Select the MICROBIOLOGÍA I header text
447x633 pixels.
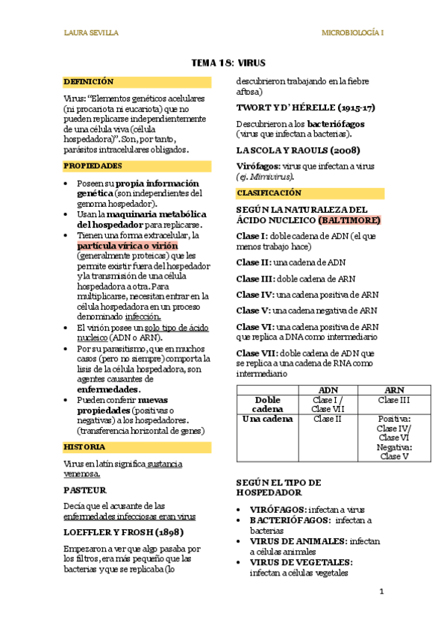(x=352, y=33)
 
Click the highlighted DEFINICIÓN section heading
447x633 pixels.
(x=89, y=81)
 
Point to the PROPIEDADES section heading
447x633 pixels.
(x=93, y=166)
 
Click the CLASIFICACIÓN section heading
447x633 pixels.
(x=268, y=193)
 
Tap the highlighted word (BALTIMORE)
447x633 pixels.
(x=349, y=221)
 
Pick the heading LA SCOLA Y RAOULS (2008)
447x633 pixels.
(x=293, y=151)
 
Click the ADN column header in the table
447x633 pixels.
(x=328, y=390)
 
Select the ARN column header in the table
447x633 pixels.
(x=394, y=390)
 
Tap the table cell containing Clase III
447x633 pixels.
(x=394, y=400)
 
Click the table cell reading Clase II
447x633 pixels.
(x=328, y=419)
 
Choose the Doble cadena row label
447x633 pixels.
(x=267, y=405)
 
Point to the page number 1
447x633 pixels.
(x=381, y=592)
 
